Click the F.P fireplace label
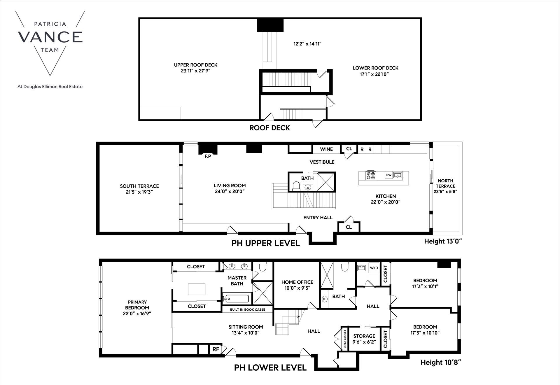tap(208, 156)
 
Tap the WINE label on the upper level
tap(326, 149)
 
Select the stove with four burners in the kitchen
tap(371, 175)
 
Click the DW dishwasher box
tap(388, 175)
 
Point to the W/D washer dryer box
tap(374, 268)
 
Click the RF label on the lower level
tap(216, 349)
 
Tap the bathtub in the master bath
tap(235, 299)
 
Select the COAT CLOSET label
tap(345, 339)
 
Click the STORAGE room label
tap(364, 336)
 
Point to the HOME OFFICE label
tap(297, 282)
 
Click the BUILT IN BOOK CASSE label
tap(248, 309)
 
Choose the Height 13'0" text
tap(443, 242)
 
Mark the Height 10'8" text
tap(441, 362)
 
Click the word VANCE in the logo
tap(50, 37)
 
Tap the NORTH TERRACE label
tap(445, 183)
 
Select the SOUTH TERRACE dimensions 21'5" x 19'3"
tap(139, 192)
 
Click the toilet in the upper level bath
tap(296, 186)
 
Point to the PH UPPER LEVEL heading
tap(265, 243)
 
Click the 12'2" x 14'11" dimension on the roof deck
tap(307, 44)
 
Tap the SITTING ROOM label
tap(246, 327)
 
